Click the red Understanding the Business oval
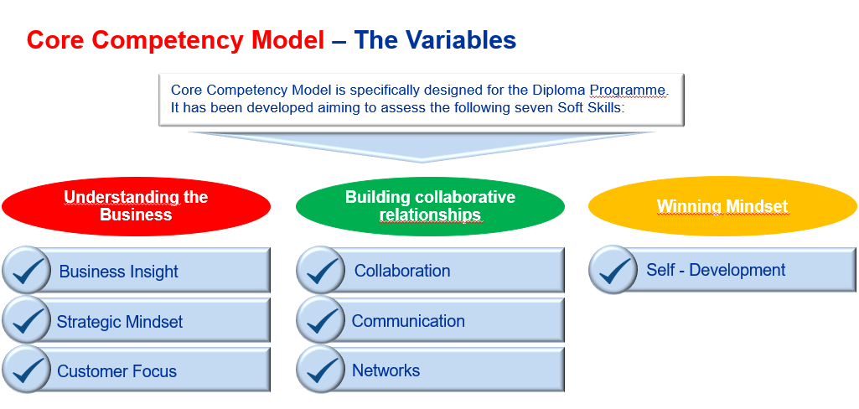pos(136,205)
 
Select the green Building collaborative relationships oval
pos(430,206)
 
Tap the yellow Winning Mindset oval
pos(722,206)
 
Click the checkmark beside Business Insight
pos(27,271)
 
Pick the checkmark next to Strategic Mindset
pos(27,320)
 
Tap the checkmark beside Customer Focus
pos(27,370)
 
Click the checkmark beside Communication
pos(321,320)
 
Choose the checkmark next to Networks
pos(321,370)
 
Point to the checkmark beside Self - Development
pos(613,270)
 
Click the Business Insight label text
pos(118,272)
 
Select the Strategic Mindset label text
pos(119,322)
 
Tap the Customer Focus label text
pos(116,371)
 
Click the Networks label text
pos(386,370)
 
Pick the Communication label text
pos(408,321)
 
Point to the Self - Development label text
pos(716,270)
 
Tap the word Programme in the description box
pos(628,90)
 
